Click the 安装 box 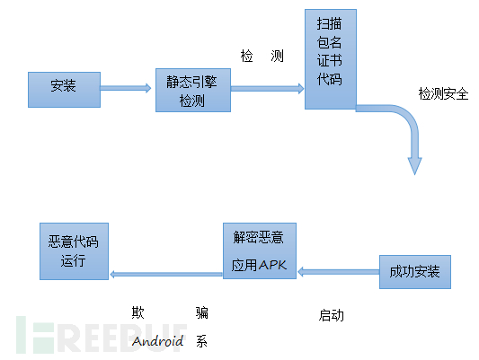pyautogui.click(x=64, y=90)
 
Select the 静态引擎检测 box pyautogui.click(x=193, y=91)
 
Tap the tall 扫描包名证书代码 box pyautogui.click(x=331, y=59)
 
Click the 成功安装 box pyautogui.click(x=415, y=272)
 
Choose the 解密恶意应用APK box pyautogui.click(x=260, y=250)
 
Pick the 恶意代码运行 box pyautogui.click(x=75, y=251)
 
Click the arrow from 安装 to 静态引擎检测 pyautogui.click(x=126, y=88)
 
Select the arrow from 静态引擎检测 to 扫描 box pyautogui.click(x=267, y=89)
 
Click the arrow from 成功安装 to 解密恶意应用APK pyautogui.click(x=339, y=271)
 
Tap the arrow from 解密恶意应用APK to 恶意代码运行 pyautogui.click(x=166, y=275)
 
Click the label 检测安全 pyautogui.click(x=443, y=93)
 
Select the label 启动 pyautogui.click(x=331, y=315)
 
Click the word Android pyautogui.click(x=158, y=341)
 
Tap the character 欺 pyautogui.click(x=137, y=312)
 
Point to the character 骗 pyautogui.click(x=202, y=312)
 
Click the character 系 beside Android pyautogui.click(x=201, y=341)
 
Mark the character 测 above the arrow pyautogui.click(x=277, y=56)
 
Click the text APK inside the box pyautogui.click(x=272, y=265)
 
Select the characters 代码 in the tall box pyautogui.click(x=329, y=79)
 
